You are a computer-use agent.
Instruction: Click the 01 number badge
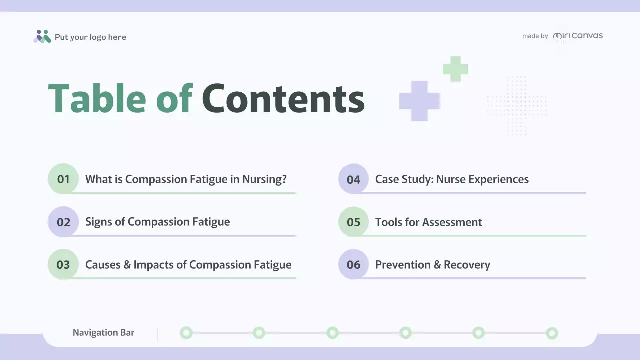pyautogui.click(x=63, y=179)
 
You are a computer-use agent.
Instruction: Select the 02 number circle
pyautogui.click(x=63, y=222)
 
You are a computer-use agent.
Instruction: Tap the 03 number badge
pyautogui.click(x=63, y=264)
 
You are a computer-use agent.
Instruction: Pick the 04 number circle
pyautogui.click(x=353, y=179)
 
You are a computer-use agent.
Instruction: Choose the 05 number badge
pyautogui.click(x=353, y=222)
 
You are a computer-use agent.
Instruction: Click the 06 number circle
pyautogui.click(x=353, y=264)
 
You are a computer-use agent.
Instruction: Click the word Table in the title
pyautogui.click(x=97, y=98)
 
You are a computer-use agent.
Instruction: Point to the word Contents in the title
pyautogui.click(x=283, y=98)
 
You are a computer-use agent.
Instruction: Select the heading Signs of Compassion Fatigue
pyautogui.click(x=157, y=222)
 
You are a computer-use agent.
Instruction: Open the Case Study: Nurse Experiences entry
pyautogui.click(x=452, y=179)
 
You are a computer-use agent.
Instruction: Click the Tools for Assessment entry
pyautogui.click(x=428, y=222)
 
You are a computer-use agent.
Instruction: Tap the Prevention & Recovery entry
pyautogui.click(x=432, y=265)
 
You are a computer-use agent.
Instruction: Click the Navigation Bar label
pyautogui.click(x=103, y=332)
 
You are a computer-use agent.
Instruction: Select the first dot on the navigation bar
pyautogui.click(x=186, y=333)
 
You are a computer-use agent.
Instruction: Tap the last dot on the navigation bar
pyautogui.click(x=552, y=333)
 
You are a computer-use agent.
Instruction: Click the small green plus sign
pyautogui.click(x=455, y=69)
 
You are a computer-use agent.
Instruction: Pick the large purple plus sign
pyautogui.click(x=419, y=101)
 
